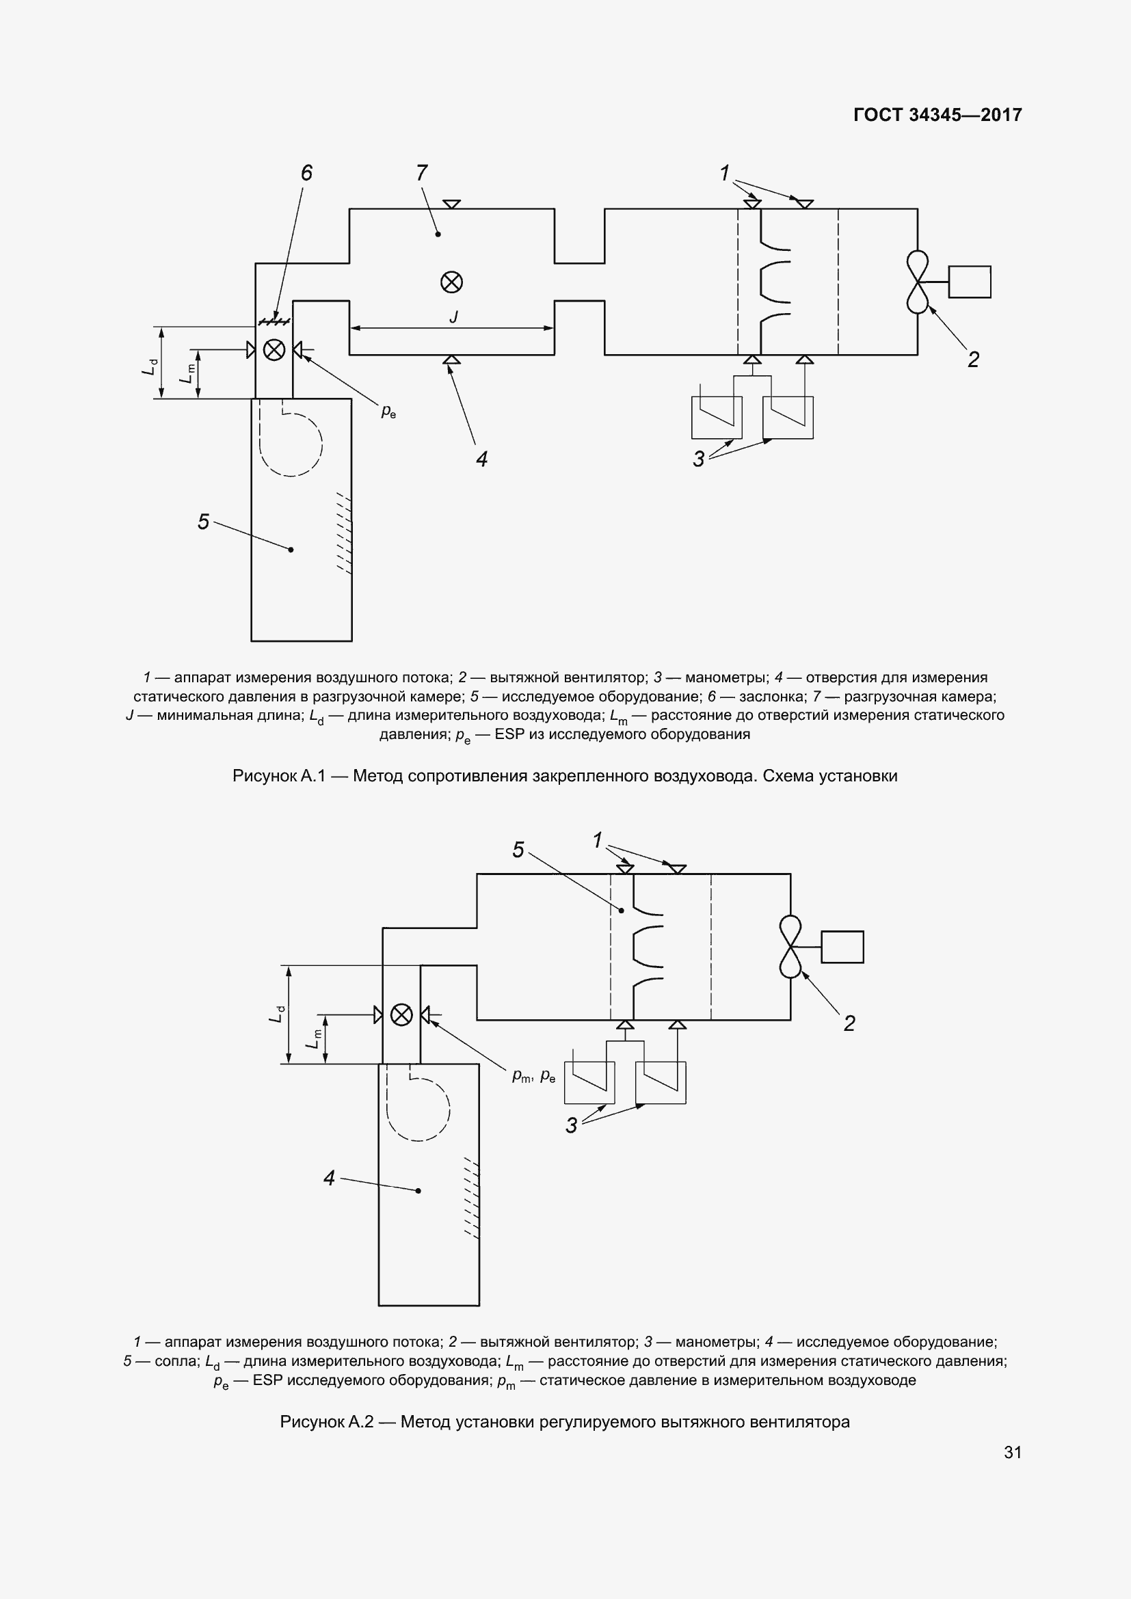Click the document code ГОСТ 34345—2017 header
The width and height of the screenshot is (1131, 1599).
click(937, 115)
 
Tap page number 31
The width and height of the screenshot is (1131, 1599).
click(1013, 1451)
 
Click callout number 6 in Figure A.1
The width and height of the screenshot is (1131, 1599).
click(306, 173)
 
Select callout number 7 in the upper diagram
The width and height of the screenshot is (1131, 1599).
click(421, 173)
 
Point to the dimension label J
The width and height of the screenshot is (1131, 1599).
click(453, 318)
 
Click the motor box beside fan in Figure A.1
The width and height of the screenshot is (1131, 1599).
click(970, 282)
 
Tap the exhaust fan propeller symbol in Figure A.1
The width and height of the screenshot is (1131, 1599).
click(917, 282)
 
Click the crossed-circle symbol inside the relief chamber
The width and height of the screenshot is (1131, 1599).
click(451, 282)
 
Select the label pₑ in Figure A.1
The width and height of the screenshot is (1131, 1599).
click(388, 412)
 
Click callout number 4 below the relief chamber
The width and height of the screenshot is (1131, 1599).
click(481, 458)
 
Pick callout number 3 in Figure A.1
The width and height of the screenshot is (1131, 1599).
click(699, 458)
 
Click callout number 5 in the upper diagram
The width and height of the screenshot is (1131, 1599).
click(203, 521)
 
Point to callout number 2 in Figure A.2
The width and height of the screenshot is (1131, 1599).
click(849, 1023)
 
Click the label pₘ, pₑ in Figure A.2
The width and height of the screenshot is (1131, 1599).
click(533, 1076)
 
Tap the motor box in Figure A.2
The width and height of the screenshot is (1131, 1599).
click(842, 947)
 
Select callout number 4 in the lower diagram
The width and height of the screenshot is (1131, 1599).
click(330, 1178)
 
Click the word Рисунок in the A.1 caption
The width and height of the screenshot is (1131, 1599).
click(264, 776)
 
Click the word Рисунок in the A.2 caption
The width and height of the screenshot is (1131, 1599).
click(311, 1421)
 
